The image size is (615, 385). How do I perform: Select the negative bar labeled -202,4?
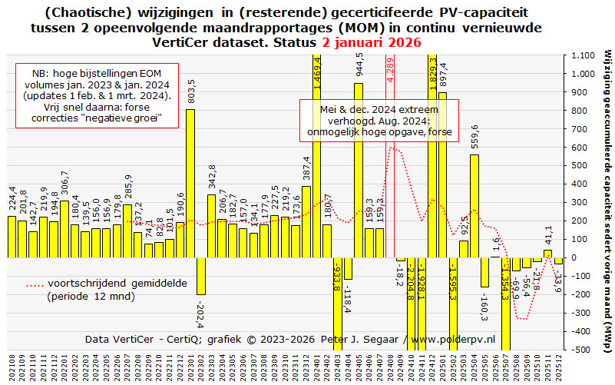pos(201,276)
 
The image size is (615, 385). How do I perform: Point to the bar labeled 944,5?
pos(359,170)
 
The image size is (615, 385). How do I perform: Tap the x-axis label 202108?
pos(12,368)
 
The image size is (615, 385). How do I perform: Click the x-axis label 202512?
pos(559,368)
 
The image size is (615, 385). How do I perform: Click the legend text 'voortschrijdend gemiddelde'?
pos(117,283)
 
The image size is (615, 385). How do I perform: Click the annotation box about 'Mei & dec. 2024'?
pos(379,121)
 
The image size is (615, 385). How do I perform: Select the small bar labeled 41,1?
pos(547,254)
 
